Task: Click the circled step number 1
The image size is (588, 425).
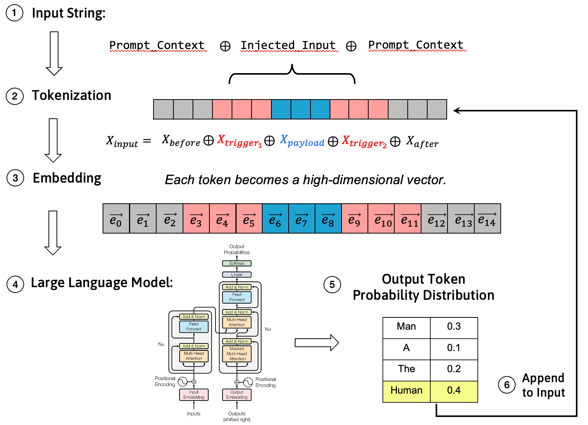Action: coord(15,13)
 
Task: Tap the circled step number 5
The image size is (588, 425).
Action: coord(332,284)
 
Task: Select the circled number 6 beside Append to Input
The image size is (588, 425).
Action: coord(506,384)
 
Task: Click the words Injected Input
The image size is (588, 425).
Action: coord(288,45)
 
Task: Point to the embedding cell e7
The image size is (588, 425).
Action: coord(302,219)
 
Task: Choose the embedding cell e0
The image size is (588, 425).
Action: coord(116,219)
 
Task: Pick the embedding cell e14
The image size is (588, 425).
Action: coord(487,219)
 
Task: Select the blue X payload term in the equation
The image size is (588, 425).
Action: coord(302,141)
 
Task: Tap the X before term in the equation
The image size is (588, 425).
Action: coord(181,141)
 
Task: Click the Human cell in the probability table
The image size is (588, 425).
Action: coord(407,391)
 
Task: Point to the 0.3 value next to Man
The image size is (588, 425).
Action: coord(454,327)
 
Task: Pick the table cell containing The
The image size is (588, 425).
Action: coord(407,369)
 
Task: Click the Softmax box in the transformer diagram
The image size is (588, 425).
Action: coord(237,263)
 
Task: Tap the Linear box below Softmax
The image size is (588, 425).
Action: coord(237,275)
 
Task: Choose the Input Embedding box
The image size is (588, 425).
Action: coord(194,395)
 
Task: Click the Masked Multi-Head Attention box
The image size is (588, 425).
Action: coord(237,354)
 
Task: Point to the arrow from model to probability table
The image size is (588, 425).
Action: coord(317,342)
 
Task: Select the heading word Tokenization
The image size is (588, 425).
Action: coord(72,95)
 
